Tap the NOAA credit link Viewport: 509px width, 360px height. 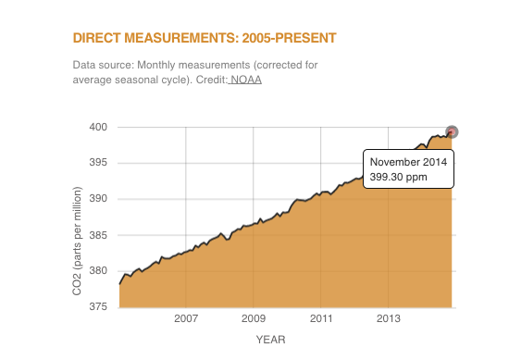246,81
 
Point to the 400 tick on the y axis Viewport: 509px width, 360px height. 99,127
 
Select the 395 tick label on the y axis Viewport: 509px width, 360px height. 99,163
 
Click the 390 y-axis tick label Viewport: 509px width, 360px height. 99,199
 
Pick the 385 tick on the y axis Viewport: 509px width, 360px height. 99,235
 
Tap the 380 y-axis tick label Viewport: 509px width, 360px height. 99,271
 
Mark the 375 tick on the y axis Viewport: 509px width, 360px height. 99,307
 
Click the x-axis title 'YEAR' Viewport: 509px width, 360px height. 271,340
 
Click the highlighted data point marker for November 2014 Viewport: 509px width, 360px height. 452,131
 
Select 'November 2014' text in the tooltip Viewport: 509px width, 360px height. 408,162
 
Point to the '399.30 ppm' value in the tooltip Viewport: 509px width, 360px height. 398,177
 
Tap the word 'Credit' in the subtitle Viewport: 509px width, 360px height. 209,81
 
